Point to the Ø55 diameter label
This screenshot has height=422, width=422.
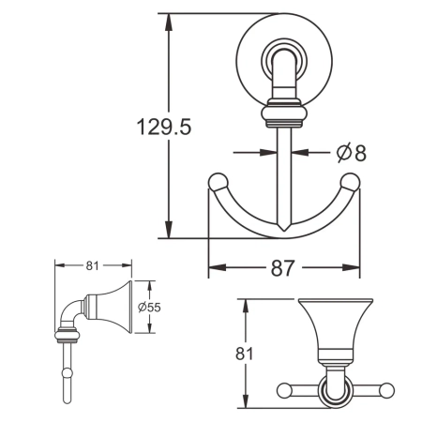(150, 307)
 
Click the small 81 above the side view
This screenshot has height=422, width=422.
(92, 265)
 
